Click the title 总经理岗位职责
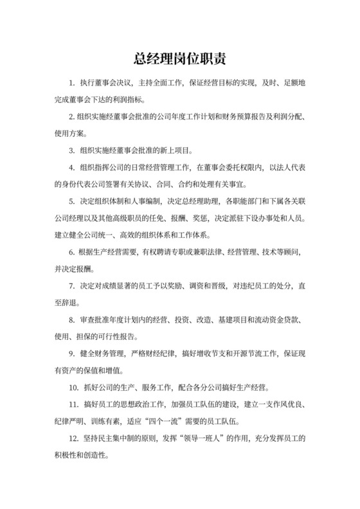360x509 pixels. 179,60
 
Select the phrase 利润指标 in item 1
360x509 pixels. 128,100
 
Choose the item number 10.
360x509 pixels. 73,387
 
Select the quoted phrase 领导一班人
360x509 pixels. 210,438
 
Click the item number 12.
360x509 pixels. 73,438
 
